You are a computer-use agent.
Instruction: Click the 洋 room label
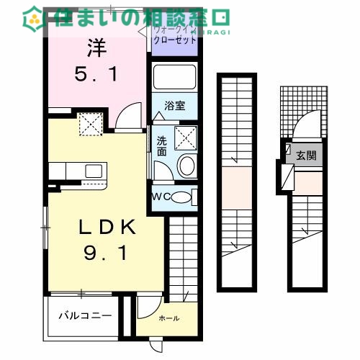click(x=96, y=49)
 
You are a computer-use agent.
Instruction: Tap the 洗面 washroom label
click(x=162, y=146)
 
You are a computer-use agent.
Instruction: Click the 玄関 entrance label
click(x=306, y=156)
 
